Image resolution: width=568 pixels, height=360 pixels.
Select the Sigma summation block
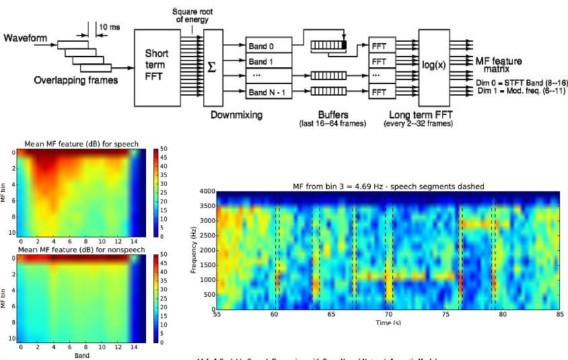[x=212, y=67]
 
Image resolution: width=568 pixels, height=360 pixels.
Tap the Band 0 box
[x=269, y=46]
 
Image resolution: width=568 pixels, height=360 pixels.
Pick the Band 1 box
[x=269, y=61]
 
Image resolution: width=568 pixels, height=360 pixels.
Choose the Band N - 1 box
[x=269, y=92]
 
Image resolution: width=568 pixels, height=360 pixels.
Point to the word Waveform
[x=26, y=38]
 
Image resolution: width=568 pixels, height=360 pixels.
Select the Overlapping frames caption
[x=76, y=80]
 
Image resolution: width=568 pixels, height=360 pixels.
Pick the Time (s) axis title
[x=388, y=322]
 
